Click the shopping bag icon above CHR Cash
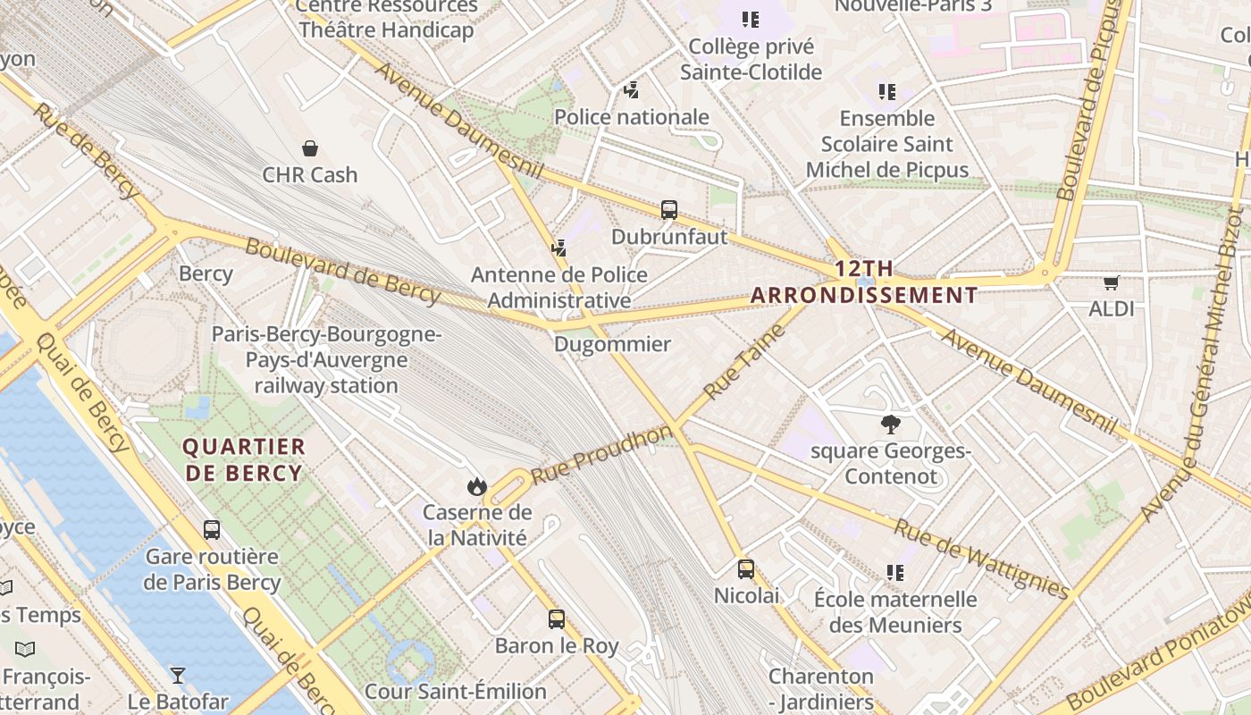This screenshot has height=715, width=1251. [x=310, y=147]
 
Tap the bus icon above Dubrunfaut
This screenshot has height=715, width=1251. [x=669, y=210]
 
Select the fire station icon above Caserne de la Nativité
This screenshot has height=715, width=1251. [x=477, y=486]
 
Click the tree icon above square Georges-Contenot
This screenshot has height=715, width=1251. [x=890, y=425]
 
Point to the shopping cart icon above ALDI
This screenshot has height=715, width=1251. [x=1111, y=283]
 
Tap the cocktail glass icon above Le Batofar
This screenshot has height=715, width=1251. [x=178, y=675]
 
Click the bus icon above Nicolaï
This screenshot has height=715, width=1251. [x=746, y=568]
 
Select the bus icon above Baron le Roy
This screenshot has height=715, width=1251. [x=557, y=618]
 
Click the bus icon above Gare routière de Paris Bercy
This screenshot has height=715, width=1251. [x=212, y=529]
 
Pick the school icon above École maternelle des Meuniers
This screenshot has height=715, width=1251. [x=895, y=572]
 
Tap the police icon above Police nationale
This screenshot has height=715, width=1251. [x=632, y=90]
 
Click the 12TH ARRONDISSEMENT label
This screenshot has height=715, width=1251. [x=864, y=282]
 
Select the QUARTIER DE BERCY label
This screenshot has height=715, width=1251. [x=244, y=459]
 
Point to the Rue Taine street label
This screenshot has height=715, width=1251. [x=743, y=361]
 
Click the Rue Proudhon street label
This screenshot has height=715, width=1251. [x=601, y=456]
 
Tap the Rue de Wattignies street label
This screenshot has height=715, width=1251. [x=981, y=559]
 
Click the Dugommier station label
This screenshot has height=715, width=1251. [x=612, y=343]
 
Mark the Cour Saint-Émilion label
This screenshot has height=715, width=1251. [x=455, y=691]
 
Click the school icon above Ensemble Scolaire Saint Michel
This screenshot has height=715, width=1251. [x=886, y=91]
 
